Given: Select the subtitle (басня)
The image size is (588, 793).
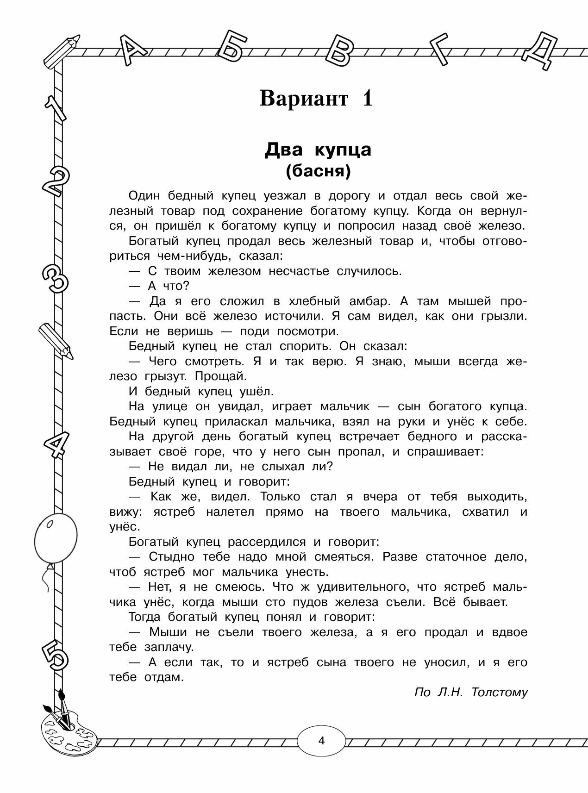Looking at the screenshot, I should point(318,171).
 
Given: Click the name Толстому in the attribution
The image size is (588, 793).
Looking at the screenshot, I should point(500,692).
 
